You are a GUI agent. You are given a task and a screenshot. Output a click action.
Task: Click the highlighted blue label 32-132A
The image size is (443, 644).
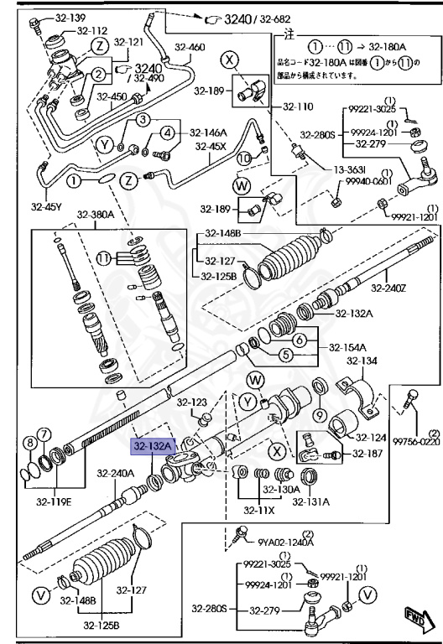pos(150,448)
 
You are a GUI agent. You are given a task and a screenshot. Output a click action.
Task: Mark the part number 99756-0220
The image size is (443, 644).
pos(415,441)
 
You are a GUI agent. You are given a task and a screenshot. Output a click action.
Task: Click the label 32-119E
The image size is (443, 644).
pos(53,502)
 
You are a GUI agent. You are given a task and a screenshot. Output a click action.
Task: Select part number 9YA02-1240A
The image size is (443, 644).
pos(284,542)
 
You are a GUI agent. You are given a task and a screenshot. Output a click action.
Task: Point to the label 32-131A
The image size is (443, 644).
pos(310,501)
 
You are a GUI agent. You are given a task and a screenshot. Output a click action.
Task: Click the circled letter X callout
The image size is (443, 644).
pos(230,59)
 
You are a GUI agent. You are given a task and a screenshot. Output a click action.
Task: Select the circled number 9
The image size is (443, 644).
pos(321,415)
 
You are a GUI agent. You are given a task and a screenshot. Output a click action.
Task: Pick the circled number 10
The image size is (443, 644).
pos(243,157)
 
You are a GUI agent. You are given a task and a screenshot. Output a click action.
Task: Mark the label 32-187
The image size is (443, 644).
pos(367,454)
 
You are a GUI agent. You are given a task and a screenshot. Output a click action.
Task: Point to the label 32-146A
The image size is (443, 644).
pos(207,132)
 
